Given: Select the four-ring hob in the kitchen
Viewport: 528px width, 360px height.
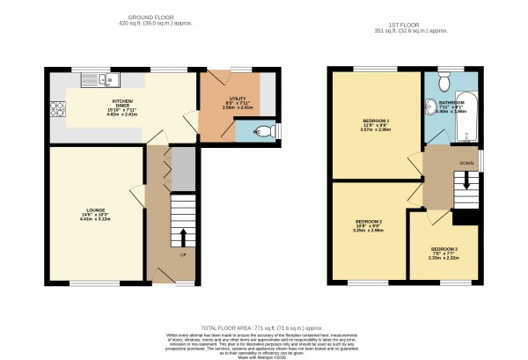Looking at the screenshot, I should [59, 110].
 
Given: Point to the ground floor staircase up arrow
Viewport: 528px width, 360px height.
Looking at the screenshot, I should [183, 238].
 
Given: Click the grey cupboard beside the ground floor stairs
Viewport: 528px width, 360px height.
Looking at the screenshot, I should [181, 170].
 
